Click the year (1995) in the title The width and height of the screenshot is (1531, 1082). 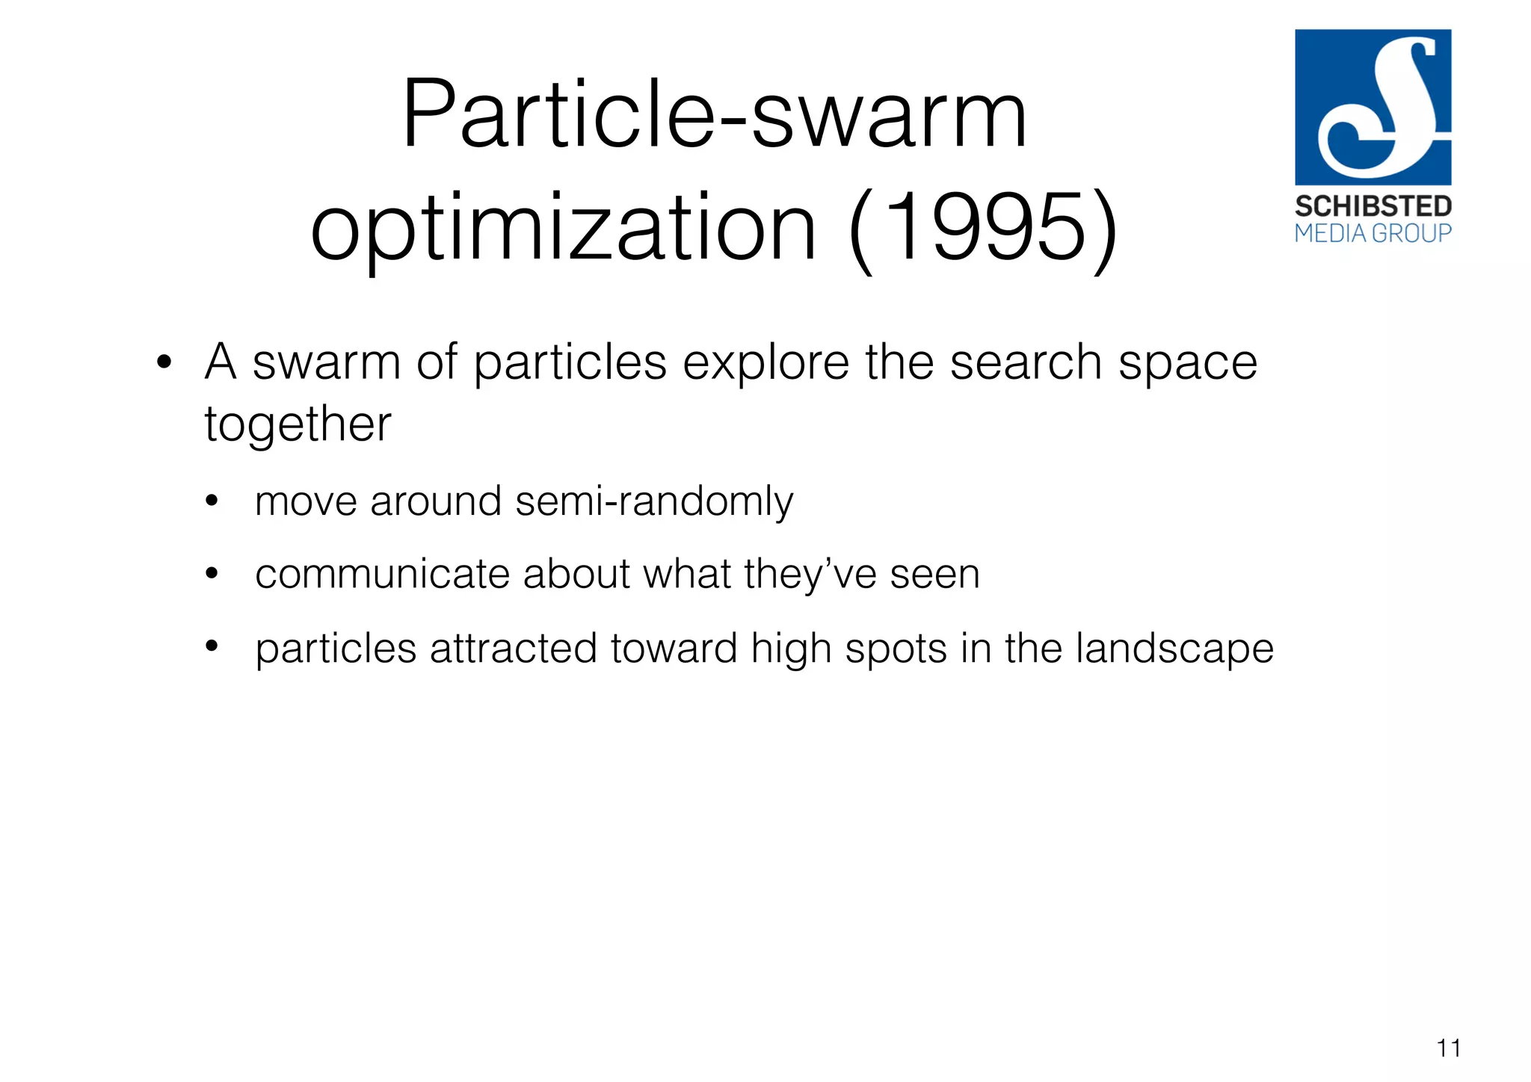[984, 227]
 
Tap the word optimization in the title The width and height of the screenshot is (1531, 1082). [564, 227]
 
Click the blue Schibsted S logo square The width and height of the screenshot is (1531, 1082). [1373, 107]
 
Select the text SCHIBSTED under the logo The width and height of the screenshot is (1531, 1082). [1373, 206]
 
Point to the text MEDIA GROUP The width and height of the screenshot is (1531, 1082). [1373, 234]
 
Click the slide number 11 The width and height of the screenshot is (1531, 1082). [1448, 1048]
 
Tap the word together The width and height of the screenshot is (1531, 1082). [298, 424]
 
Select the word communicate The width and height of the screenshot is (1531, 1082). [382, 575]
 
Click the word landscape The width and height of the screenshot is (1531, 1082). [1174, 649]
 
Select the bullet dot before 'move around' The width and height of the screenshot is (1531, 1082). [212, 501]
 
